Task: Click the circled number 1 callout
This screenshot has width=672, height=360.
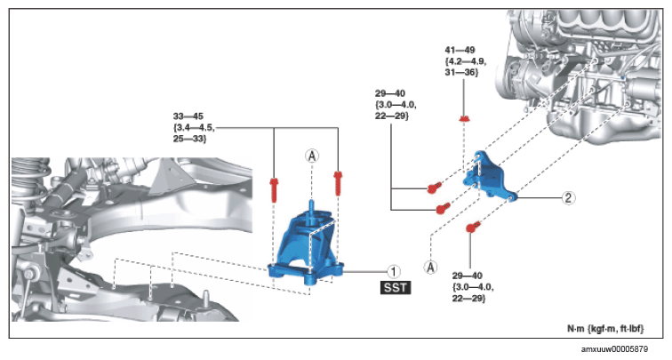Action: pyautogui.click(x=394, y=271)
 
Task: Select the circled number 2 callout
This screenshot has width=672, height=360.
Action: pyautogui.click(x=568, y=197)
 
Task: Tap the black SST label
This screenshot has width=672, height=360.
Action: pyautogui.click(x=396, y=287)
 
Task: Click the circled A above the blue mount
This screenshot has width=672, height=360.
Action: pyautogui.click(x=312, y=156)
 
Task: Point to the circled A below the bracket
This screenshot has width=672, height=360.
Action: pyautogui.click(x=431, y=268)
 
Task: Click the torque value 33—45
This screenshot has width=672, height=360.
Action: pyautogui.click(x=188, y=116)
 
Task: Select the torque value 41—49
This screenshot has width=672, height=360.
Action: pyautogui.click(x=460, y=50)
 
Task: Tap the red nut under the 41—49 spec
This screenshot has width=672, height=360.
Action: pyautogui.click(x=463, y=118)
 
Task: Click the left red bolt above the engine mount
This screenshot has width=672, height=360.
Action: pyautogui.click(x=274, y=190)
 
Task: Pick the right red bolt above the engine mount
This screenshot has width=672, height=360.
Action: pyautogui.click(x=338, y=183)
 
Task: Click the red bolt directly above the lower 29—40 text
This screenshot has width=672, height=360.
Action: pyautogui.click(x=473, y=227)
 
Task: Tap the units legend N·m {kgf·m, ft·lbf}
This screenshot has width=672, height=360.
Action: pyautogui.click(x=605, y=329)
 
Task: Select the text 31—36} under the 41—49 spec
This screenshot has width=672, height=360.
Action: pyautogui.click(x=461, y=72)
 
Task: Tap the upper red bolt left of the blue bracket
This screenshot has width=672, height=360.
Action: pyautogui.click(x=434, y=188)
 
